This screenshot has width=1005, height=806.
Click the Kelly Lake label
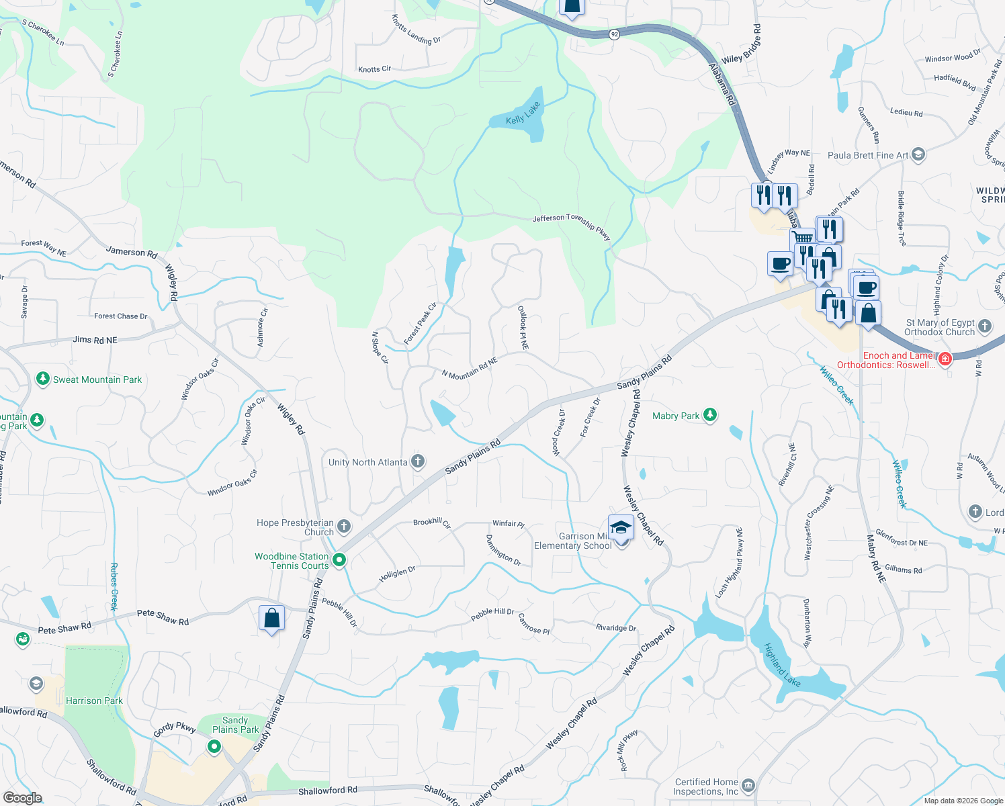pos(523,114)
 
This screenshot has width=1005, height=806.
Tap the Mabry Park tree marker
pos(709,415)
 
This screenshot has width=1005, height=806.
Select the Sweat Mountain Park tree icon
pos(43,379)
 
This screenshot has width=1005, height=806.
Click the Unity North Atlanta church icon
pos(418,461)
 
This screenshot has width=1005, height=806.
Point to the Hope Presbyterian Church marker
pos(344,527)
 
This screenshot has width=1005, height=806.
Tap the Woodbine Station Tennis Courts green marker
pos(339,559)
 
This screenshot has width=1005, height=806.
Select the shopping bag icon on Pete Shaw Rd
pos(271,618)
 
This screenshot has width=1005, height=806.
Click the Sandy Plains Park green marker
pos(214,746)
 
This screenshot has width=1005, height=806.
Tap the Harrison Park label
pos(94,701)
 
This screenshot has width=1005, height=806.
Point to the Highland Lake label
pos(782,666)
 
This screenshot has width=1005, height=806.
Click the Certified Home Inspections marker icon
pos(748,785)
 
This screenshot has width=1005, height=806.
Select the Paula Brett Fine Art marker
pos(918,154)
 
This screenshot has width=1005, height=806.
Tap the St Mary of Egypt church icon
pos(985,326)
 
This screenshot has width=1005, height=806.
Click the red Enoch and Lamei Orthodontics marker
pos(945,359)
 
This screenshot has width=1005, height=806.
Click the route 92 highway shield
pos(614,34)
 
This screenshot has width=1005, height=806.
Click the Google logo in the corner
pos(22,797)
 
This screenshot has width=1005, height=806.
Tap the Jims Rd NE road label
pos(95,340)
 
